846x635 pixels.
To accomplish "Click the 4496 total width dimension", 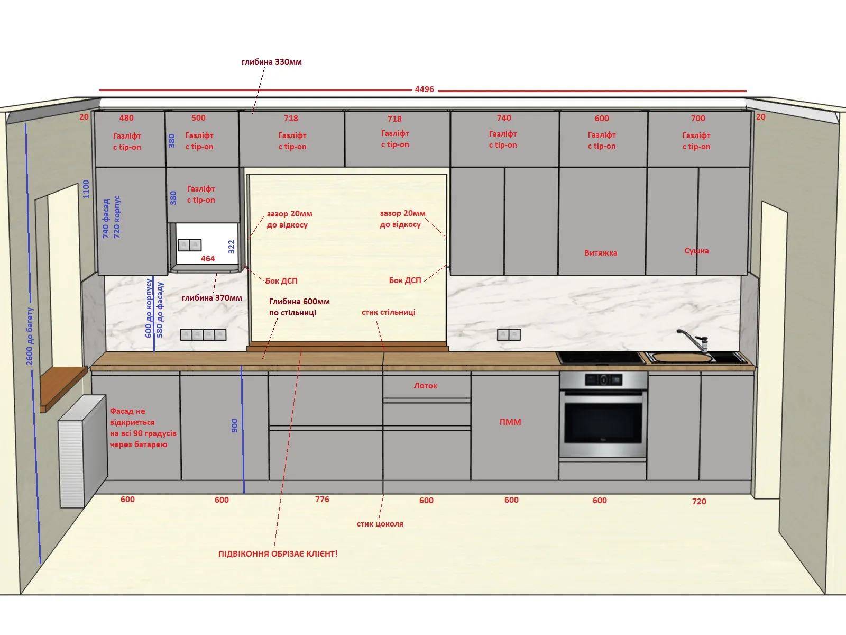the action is (x=424, y=89).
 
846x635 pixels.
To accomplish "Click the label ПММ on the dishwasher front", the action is (x=510, y=422).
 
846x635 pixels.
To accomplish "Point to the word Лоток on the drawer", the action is (x=426, y=386).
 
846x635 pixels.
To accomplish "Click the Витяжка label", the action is (x=601, y=253).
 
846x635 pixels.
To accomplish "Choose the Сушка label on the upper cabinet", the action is (x=696, y=251).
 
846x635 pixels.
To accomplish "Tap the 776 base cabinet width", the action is (x=322, y=500).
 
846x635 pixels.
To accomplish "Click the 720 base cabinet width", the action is (x=699, y=501).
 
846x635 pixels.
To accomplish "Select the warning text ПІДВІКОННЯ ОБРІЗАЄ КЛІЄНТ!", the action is (x=278, y=554).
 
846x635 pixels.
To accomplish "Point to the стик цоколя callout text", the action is (x=380, y=524).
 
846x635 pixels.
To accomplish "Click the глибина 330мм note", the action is (x=272, y=62).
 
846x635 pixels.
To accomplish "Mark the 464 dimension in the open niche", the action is (x=208, y=259).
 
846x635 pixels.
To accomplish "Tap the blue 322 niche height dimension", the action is (x=231, y=247).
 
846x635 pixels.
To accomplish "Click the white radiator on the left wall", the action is (x=82, y=451).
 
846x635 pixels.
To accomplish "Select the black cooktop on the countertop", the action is (x=601, y=357).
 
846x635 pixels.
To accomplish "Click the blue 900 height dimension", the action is (x=234, y=425).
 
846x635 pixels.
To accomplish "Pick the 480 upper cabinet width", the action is (x=126, y=117).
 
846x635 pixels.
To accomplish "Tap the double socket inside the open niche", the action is (x=189, y=245).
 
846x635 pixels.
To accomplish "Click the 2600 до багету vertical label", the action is (x=30, y=336).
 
